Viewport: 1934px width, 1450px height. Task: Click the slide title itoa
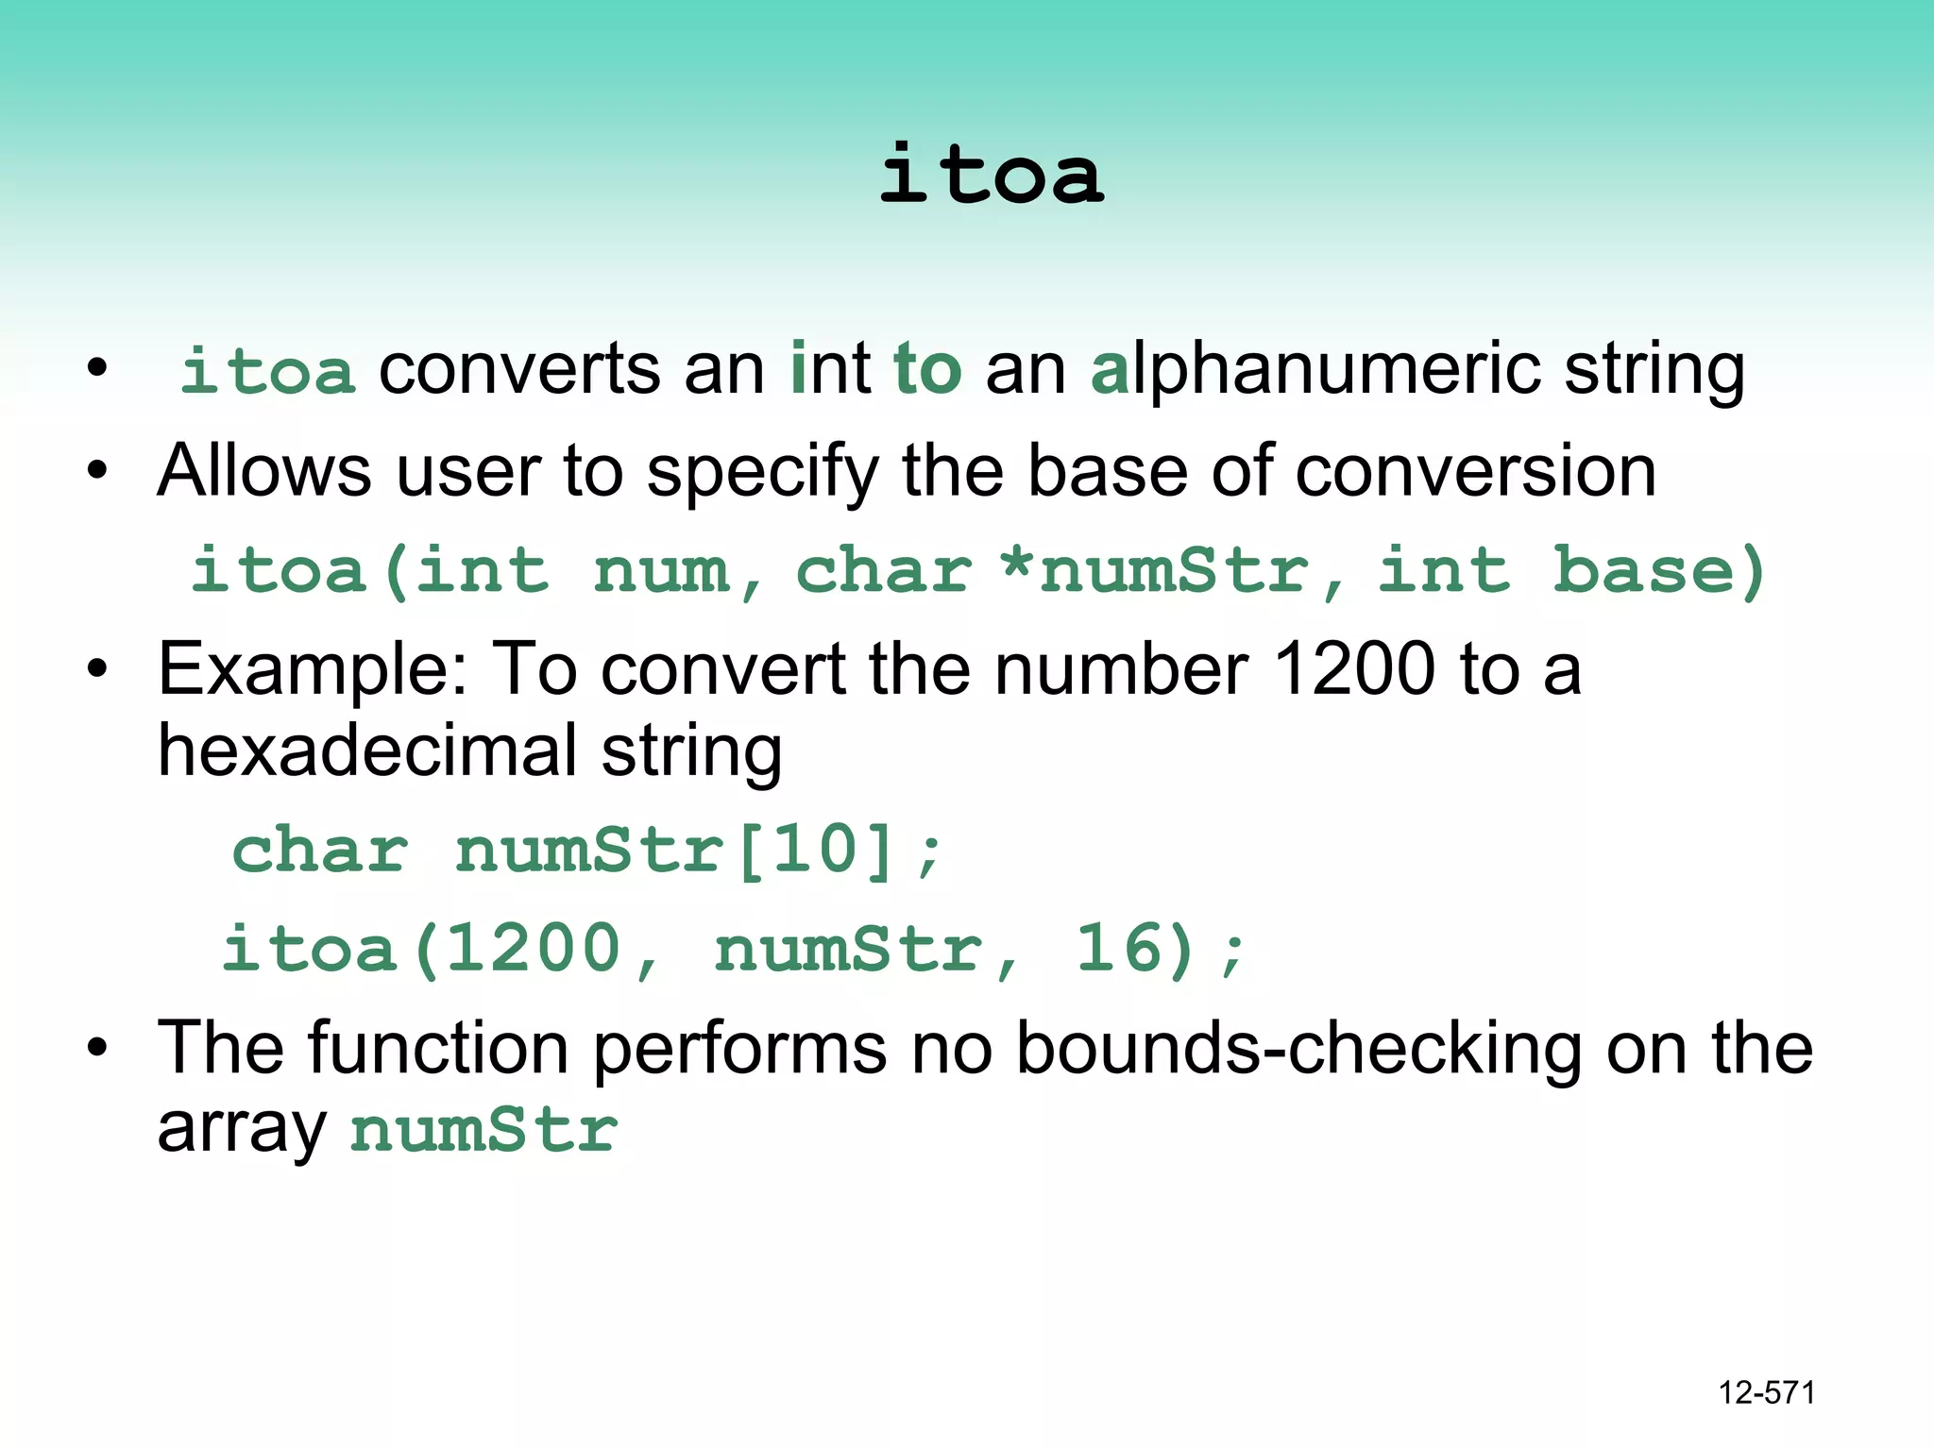pos(991,176)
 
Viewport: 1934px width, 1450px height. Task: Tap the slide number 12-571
pos(1766,1392)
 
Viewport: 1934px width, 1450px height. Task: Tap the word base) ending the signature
pos(1659,571)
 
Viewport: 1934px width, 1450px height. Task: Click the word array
pos(242,1129)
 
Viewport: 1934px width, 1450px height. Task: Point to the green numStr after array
pos(483,1129)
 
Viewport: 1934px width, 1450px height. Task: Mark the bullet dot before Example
pos(97,669)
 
